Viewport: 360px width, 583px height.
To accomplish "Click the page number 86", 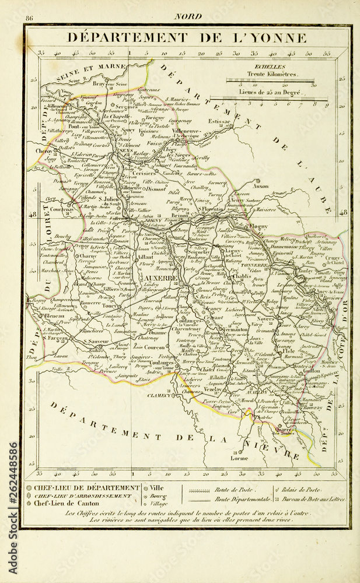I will tap(29, 17).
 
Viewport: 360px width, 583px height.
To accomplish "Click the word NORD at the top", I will tap(187, 16).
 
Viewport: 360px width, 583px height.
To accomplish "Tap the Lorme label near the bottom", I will tap(240, 458).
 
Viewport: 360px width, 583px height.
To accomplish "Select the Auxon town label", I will tap(261, 187).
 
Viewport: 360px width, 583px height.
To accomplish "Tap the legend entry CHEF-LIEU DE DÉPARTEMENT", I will tap(86, 487).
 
